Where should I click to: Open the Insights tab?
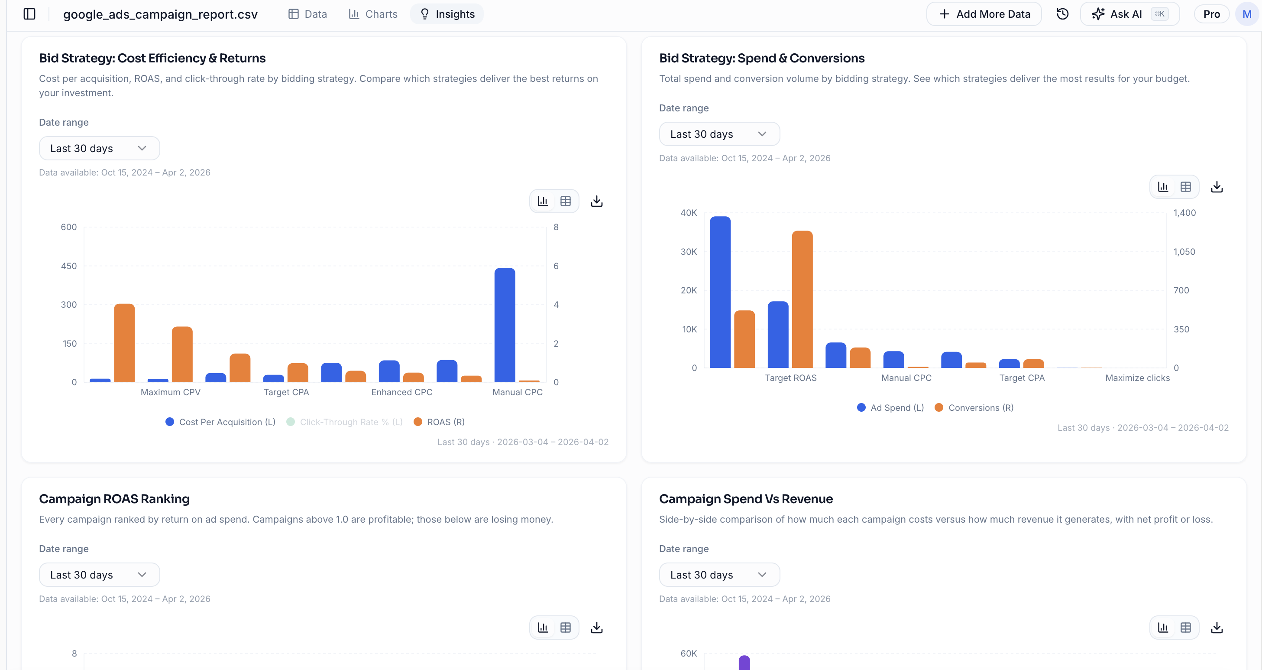pos(447,14)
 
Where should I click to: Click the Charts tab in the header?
pos(373,14)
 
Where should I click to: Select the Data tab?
pos(307,14)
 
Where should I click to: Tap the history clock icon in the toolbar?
pos(1062,14)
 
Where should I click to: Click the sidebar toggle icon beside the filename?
pos(29,14)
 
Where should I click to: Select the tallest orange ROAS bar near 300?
pos(124,343)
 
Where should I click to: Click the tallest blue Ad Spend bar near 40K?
pos(720,292)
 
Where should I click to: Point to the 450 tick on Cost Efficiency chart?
pos(68,266)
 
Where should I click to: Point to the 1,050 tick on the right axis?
pos(1184,252)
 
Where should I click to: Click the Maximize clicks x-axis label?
pos(1137,378)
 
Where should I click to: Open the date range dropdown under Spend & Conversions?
pos(718,134)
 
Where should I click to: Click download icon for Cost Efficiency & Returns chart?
pos(596,202)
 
